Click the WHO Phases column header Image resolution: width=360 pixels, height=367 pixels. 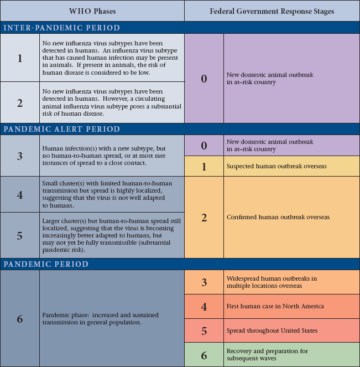(92, 11)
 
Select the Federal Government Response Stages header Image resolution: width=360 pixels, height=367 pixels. (272, 11)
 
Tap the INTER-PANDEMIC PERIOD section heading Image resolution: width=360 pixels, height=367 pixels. (62, 28)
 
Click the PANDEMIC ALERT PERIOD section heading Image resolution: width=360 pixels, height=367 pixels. (62, 129)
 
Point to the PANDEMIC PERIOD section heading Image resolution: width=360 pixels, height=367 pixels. (46, 264)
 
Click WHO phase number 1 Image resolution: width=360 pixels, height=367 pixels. (20, 58)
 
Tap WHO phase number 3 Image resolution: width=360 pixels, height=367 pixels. (20, 156)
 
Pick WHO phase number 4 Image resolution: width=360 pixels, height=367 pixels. (20, 194)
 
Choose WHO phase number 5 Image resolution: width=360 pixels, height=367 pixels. (20, 235)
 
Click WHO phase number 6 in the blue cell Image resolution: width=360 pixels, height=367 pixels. (20, 319)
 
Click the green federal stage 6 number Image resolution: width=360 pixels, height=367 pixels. (204, 355)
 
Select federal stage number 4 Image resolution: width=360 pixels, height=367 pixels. (204, 306)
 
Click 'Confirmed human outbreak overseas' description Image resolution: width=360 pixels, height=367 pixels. (278, 217)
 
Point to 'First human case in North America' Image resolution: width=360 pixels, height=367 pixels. (275, 306)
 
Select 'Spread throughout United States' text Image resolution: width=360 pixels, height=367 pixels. (272, 330)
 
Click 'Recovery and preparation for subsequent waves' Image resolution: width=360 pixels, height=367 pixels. (268, 355)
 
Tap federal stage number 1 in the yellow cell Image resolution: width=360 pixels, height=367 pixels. (204, 166)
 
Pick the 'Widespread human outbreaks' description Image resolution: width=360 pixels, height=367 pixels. (272, 282)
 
